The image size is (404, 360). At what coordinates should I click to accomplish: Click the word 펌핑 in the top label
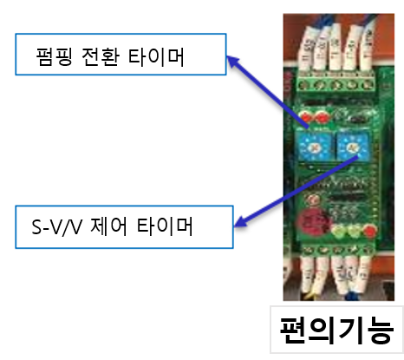[x=54, y=56]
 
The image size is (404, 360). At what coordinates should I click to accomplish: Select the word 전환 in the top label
[x=101, y=56]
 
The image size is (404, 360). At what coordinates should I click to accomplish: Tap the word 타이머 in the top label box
[x=156, y=56]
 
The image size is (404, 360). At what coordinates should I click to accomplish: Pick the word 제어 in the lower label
[x=108, y=226]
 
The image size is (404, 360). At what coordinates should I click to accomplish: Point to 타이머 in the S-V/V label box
[x=165, y=226]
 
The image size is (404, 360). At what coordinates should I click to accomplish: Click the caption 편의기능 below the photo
[x=336, y=331]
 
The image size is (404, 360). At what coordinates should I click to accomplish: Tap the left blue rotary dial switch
[x=314, y=147]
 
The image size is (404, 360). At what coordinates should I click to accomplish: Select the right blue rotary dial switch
[x=353, y=147]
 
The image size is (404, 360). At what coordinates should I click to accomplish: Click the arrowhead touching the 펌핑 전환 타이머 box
[x=233, y=62]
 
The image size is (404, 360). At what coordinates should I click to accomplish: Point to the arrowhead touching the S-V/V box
[x=241, y=222]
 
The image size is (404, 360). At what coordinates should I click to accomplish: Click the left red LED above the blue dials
[x=306, y=117]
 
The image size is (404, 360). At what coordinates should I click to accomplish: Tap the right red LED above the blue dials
[x=322, y=117]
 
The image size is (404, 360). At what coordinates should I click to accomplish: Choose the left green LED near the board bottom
[x=338, y=231]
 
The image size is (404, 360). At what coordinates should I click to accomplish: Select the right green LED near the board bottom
[x=354, y=231]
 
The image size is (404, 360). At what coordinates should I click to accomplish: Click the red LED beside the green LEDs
[x=370, y=231]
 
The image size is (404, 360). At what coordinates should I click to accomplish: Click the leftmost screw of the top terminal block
[x=303, y=85]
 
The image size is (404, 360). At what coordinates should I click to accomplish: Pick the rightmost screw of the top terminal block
[x=367, y=85]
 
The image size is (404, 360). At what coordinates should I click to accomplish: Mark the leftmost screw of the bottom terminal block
[x=306, y=250]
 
